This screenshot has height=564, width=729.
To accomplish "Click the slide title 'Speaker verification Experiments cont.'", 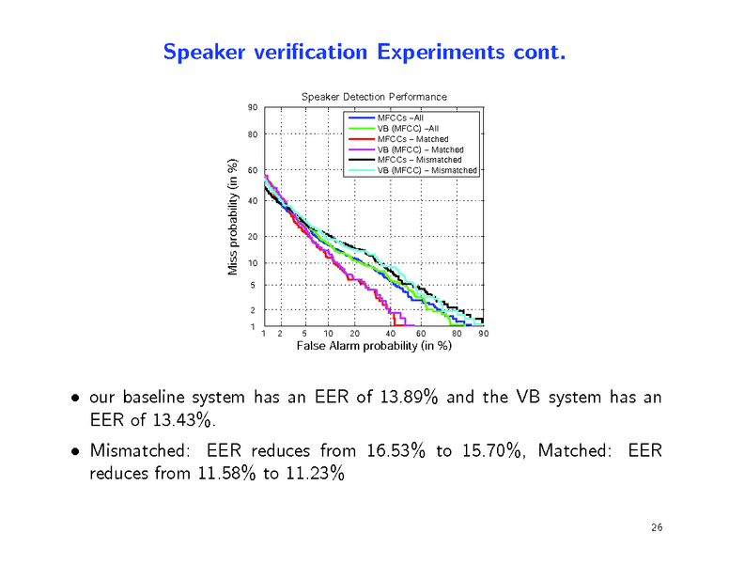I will pyautogui.click(x=364, y=52).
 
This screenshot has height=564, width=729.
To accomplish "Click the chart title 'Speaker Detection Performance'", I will pyautogui.click(x=373, y=97).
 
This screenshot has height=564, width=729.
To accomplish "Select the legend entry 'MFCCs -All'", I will pyautogui.click(x=400, y=117).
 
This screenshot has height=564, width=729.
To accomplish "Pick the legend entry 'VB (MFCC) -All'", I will pyautogui.click(x=408, y=128).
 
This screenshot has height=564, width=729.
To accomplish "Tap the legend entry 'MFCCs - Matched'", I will pyautogui.click(x=412, y=139).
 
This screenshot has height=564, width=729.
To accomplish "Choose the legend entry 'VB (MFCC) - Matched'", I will pyautogui.click(x=420, y=149).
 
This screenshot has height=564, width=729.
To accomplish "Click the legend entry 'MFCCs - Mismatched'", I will pyautogui.click(x=419, y=160).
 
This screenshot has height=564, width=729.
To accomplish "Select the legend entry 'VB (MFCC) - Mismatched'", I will pyautogui.click(x=427, y=170).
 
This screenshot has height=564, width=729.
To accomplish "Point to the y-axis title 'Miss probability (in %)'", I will pyautogui.click(x=233, y=218).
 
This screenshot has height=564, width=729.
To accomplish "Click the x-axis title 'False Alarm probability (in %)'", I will pyautogui.click(x=374, y=346).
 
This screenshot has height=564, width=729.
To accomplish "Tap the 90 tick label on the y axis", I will pyautogui.click(x=252, y=107).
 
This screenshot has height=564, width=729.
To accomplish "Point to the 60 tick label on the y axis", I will pyautogui.click(x=252, y=171).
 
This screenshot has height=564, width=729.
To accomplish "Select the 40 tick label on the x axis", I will pyautogui.click(x=390, y=334).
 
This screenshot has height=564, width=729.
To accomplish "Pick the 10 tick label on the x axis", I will pyautogui.click(x=327, y=334).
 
